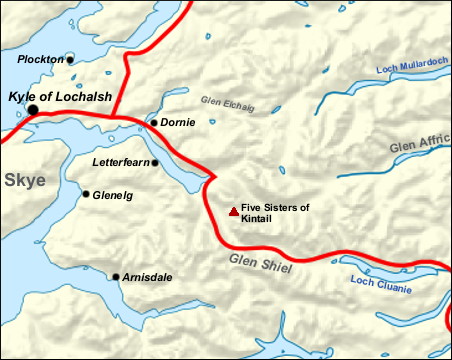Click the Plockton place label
[40, 60]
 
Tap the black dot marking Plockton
[70, 60]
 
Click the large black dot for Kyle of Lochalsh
[33, 109]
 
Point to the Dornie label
[178, 122]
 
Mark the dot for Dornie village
[153, 122]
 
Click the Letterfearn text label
[119, 161]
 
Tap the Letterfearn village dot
[155, 161]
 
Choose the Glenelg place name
[112, 195]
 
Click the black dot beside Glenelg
[86, 194]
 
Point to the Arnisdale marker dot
[116, 276]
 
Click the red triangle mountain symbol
[233, 211]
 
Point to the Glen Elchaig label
[227, 101]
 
